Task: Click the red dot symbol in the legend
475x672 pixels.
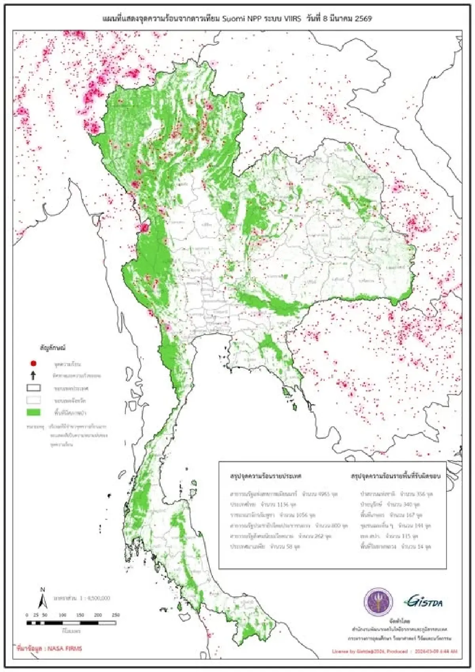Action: pyautogui.click(x=33, y=363)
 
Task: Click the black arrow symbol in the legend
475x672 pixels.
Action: pyautogui.click(x=33, y=375)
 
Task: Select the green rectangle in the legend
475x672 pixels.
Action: pyautogui.click(x=34, y=412)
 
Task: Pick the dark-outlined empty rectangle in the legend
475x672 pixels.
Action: pyautogui.click(x=34, y=388)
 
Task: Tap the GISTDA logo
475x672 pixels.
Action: pyautogui.click(x=423, y=602)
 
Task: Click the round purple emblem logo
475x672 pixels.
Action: pyautogui.click(x=378, y=602)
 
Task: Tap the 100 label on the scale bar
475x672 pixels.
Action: pyautogui.click(x=63, y=615)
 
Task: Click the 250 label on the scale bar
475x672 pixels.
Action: pyautogui.click(x=116, y=615)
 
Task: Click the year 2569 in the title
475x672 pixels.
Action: pyautogui.click(x=363, y=19)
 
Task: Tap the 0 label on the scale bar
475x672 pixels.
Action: pyautogui.click(x=27, y=615)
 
